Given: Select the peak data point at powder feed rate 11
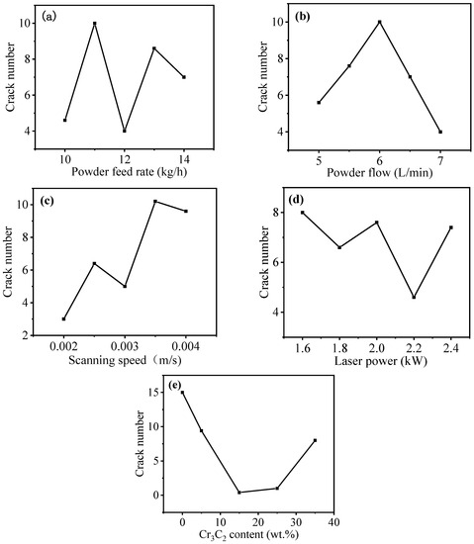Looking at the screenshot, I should (95, 23).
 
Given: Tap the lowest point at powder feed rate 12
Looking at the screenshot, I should (125, 131).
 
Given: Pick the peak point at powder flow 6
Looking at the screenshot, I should (379, 22).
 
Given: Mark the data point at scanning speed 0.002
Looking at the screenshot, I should (64, 318).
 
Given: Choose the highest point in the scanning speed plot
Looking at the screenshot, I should (155, 202).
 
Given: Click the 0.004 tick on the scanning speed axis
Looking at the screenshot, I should (186, 349).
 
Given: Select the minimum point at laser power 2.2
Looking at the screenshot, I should (414, 297).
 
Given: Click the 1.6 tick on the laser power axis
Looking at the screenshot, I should (303, 349).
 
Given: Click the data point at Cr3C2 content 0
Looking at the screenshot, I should (182, 393).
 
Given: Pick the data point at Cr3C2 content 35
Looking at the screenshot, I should (315, 440).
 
